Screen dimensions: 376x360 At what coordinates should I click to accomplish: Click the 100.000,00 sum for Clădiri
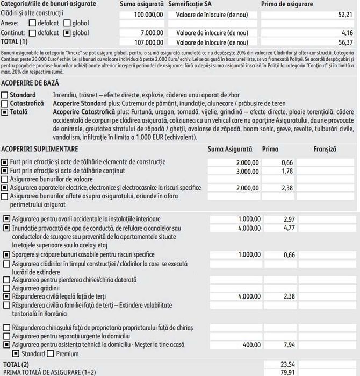click(x=148, y=13)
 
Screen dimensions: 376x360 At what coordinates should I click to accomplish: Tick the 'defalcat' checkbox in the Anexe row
click(x=32, y=23)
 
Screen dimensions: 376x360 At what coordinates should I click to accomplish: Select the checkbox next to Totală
click(x=5, y=111)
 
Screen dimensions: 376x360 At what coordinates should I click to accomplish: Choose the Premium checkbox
click(x=51, y=353)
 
